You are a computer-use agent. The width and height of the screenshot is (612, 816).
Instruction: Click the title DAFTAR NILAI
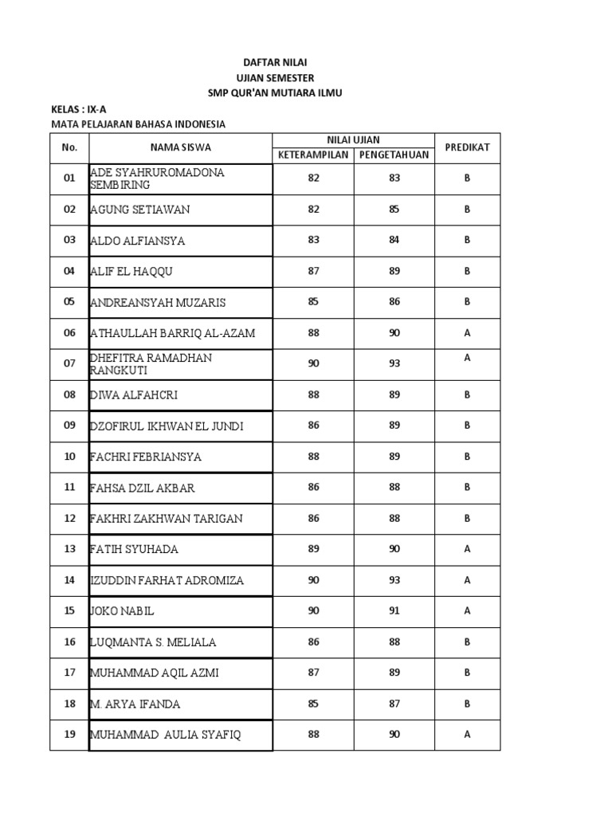[x=275, y=61]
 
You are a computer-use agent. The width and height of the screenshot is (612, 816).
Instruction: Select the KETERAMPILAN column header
[x=313, y=155]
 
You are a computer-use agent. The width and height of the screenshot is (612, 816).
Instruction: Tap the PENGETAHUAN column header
[x=394, y=155]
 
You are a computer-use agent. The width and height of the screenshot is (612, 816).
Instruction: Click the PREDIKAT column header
[x=467, y=147]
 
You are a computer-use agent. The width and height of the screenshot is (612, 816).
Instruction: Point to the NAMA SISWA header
[x=181, y=147]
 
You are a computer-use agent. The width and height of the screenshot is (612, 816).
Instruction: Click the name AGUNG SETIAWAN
[x=141, y=210]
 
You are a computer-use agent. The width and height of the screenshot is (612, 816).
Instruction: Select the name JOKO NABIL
[x=123, y=611]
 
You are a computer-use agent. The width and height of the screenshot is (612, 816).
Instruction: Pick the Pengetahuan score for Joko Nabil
[x=394, y=611]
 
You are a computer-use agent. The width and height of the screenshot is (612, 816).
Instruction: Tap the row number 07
[x=69, y=363]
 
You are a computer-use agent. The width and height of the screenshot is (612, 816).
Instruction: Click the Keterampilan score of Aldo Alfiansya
[x=313, y=240]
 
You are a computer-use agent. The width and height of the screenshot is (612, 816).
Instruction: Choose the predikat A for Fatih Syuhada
[x=467, y=549]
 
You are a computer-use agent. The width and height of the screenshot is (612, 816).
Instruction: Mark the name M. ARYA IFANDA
[x=136, y=704]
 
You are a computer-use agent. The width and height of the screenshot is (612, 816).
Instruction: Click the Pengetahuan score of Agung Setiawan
[x=394, y=210]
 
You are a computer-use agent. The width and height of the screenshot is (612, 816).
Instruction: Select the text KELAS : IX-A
[x=78, y=108]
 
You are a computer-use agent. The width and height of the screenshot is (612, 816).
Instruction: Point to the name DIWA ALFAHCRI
[x=134, y=394]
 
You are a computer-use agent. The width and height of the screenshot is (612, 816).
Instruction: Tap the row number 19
[x=69, y=735]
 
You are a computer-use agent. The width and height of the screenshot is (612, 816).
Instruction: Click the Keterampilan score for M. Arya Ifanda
[x=313, y=704]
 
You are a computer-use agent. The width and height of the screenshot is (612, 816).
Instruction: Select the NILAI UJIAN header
[x=353, y=140]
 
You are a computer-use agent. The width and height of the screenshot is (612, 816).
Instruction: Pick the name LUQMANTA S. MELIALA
[x=154, y=642]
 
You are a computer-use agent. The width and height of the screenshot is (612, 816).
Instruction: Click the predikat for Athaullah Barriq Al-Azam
[x=467, y=333]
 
